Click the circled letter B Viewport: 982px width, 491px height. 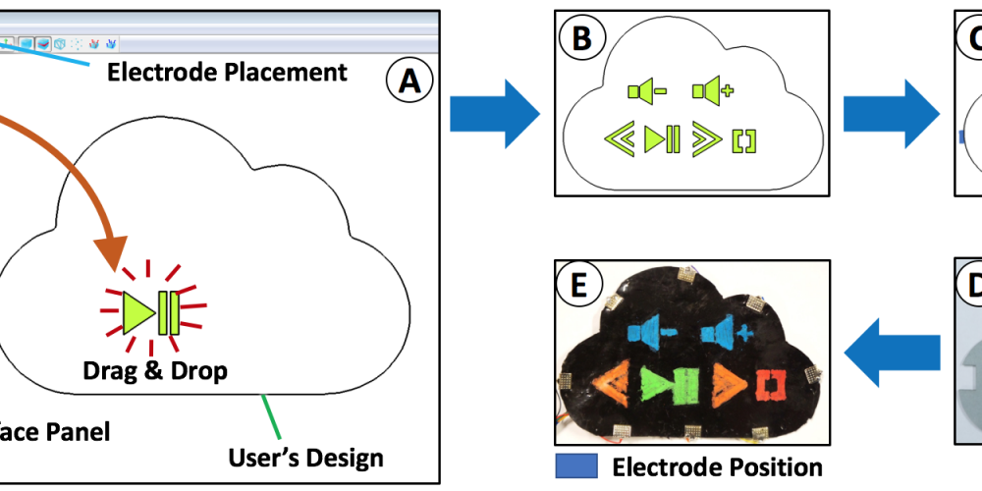(x=580, y=39)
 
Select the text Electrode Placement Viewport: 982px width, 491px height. (x=227, y=72)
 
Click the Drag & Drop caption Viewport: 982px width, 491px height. (x=155, y=371)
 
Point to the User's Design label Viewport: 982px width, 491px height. (x=305, y=457)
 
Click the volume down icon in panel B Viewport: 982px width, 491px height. (x=647, y=92)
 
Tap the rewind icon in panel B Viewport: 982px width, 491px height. (x=619, y=140)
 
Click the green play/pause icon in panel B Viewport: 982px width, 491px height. (x=662, y=140)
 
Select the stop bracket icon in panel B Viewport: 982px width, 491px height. (x=745, y=141)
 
